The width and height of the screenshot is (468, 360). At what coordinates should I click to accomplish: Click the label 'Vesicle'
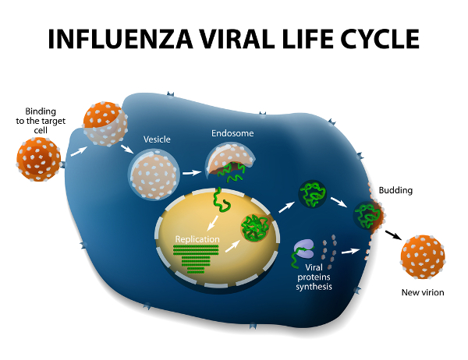point(157,139)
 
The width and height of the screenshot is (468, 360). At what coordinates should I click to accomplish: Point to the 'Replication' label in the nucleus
point(197,238)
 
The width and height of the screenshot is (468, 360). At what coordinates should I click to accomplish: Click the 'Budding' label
point(395,190)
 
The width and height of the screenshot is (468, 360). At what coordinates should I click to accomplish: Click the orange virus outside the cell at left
point(38,159)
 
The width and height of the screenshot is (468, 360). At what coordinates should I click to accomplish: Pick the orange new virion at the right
point(422,258)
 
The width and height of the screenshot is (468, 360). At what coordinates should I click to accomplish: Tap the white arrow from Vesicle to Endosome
point(192,171)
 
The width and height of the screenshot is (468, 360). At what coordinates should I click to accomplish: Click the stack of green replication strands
point(194,256)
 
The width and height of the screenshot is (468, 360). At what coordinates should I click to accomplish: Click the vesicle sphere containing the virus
point(153,174)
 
